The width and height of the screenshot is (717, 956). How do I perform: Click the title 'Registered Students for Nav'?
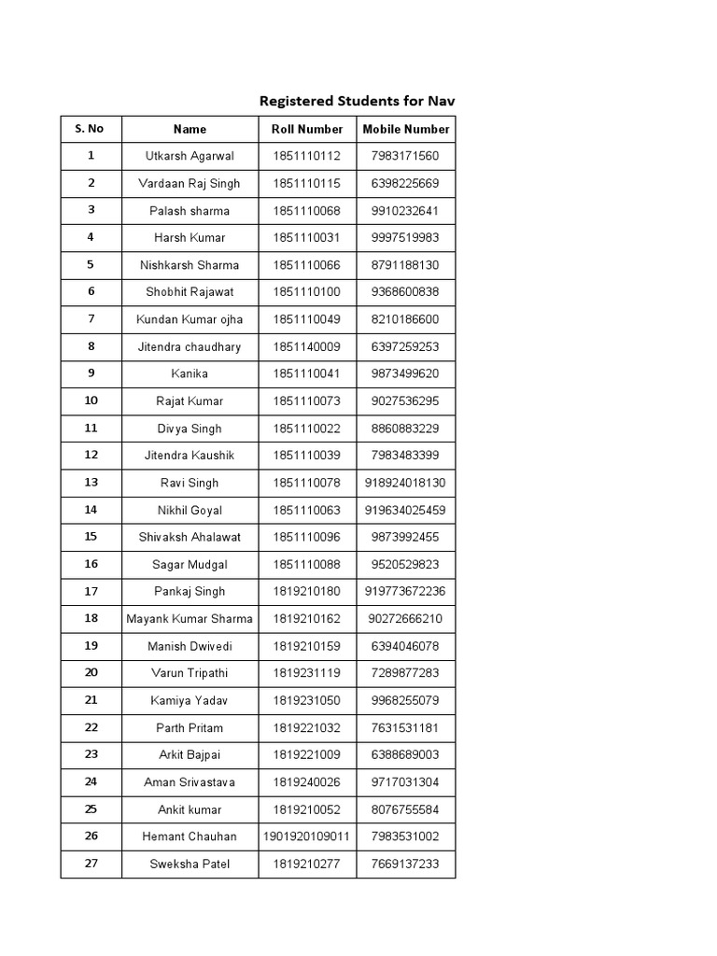tap(357, 101)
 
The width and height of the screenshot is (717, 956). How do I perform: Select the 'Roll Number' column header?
tap(307, 130)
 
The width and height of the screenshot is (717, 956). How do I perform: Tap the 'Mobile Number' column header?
tap(406, 130)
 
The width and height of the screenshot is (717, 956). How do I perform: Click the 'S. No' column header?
tap(91, 129)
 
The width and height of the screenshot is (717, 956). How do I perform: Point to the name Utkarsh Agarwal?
tap(190, 157)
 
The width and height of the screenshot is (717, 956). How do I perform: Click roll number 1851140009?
tap(307, 347)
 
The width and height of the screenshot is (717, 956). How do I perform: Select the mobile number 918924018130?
tap(406, 483)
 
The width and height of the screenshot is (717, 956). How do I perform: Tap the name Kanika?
tap(190, 374)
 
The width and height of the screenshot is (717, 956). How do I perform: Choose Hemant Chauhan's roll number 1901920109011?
tap(307, 836)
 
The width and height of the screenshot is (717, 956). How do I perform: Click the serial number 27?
tap(91, 864)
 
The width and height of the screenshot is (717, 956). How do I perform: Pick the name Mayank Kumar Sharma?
tap(190, 619)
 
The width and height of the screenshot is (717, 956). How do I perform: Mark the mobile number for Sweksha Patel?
tap(406, 865)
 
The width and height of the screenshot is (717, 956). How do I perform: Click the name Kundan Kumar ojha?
tap(190, 319)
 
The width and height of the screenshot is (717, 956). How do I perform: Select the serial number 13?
tap(91, 483)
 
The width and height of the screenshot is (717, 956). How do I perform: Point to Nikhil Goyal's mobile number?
tap(406, 511)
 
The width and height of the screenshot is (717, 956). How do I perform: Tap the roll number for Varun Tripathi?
tap(307, 673)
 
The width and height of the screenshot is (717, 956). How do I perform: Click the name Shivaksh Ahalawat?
tap(190, 538)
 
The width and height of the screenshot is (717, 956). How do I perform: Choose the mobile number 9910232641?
tap(406, 211)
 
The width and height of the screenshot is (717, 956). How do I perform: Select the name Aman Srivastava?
tap(190, 782)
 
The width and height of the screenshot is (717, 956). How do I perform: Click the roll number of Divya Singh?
tap(307, 429)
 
